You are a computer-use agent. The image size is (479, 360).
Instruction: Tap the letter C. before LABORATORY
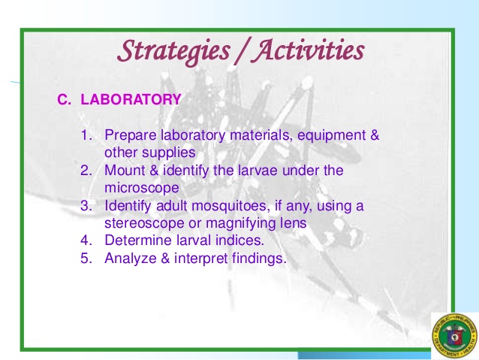pos(64,99)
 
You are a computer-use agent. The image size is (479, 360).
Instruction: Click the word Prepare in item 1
pos(129,136)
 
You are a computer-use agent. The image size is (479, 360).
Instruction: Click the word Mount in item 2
pos(125,171)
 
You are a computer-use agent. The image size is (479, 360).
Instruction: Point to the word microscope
pos(142,188)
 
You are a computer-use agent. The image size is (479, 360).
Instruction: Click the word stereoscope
pos(144,223)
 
